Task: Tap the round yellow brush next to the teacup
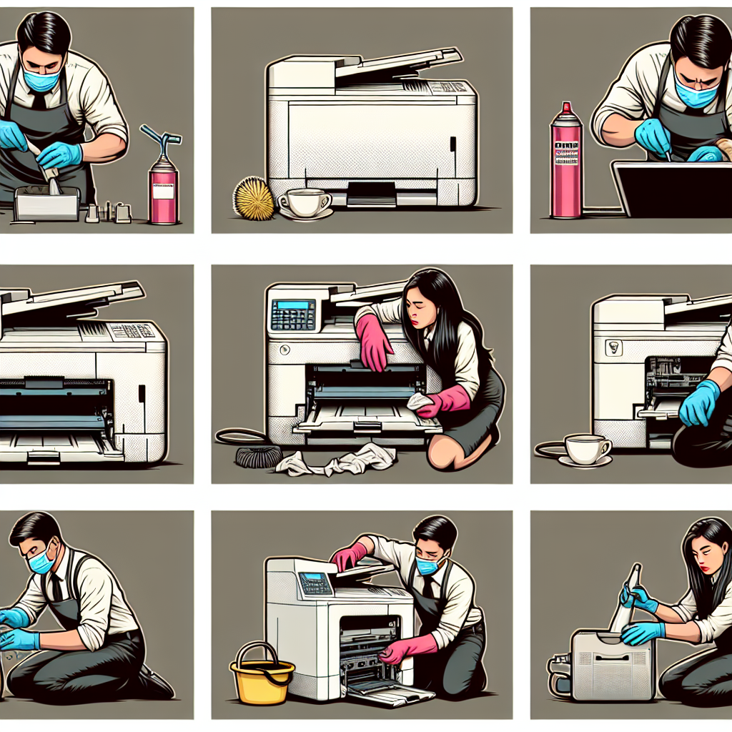point(254,198)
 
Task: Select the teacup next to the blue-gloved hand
point(586,450)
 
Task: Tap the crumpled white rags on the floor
point(336,461)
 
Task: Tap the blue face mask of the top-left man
point(41,79)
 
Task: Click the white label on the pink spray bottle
point(162,191)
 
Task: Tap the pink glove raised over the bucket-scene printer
point(348,555)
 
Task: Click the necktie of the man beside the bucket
point(427,588)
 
